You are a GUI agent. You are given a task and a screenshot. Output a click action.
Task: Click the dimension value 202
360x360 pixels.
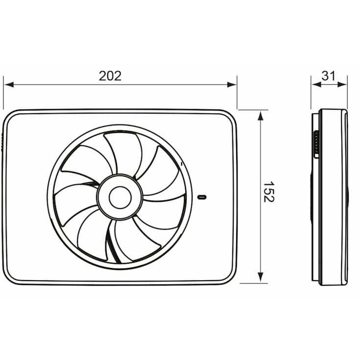[110, 76]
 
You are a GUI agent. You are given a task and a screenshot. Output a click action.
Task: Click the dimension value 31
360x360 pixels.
[329, 76]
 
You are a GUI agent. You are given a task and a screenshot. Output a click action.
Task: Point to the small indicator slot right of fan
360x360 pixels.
[202, 197]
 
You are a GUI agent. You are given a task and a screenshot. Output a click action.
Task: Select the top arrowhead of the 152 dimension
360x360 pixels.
[260, 114]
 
